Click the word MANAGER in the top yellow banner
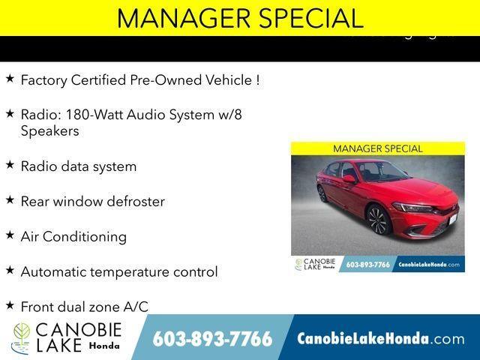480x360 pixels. (x=173, y=17)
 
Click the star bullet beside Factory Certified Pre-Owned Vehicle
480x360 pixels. (x=10, y=78)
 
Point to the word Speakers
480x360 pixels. (x=49, y=130)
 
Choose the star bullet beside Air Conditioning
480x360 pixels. (x=10, y=235)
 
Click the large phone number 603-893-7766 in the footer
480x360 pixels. (x=212, y=339)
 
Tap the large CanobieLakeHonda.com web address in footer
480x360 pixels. (x=380, y=339)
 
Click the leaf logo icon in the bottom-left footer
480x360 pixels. (x=21, y=338)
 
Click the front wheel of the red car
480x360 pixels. (x=377, y=220)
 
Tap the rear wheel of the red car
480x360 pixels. (x=322, y=193)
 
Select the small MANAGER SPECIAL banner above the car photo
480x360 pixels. (x=377, y=148)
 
